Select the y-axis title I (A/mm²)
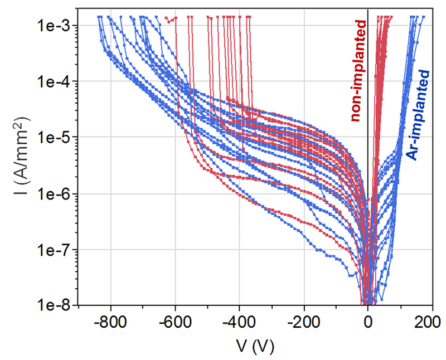click(18, 166)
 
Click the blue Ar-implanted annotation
click(418, 114)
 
